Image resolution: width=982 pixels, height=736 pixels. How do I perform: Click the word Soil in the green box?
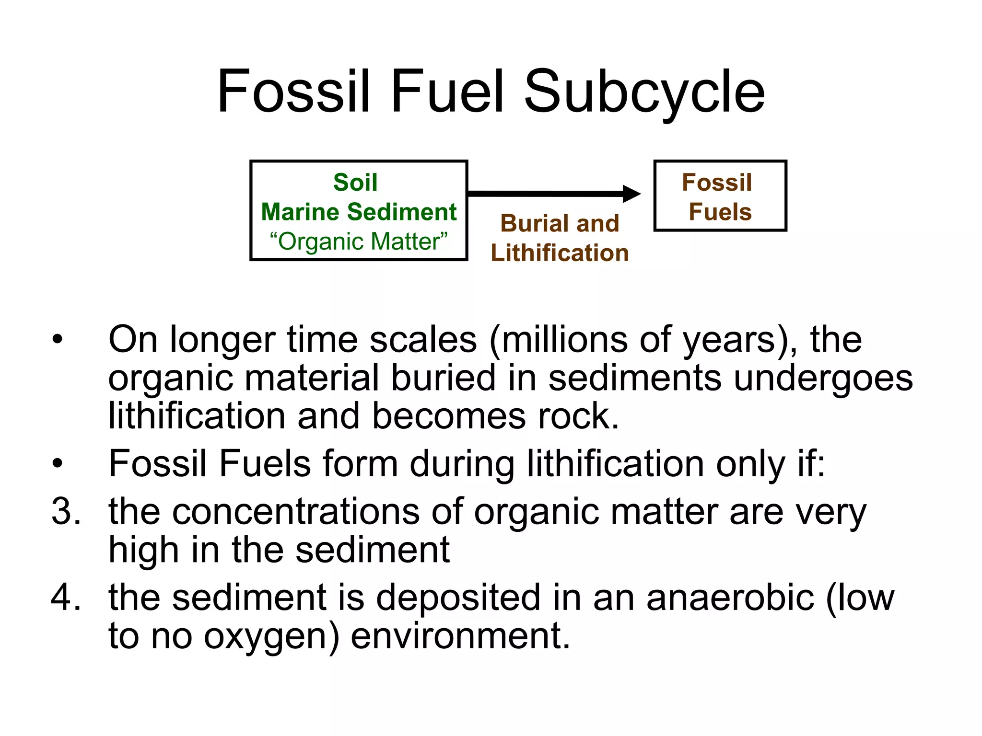pos(355,183)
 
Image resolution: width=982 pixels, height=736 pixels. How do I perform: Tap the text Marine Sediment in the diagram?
pos(359,212)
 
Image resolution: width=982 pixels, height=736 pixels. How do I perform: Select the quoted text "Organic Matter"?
pos(359,241)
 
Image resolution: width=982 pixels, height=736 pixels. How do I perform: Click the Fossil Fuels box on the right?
pos(720,196)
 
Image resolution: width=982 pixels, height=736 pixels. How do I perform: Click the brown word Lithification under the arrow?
pos(560,253)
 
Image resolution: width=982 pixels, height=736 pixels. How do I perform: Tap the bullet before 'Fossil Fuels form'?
pos(58,464)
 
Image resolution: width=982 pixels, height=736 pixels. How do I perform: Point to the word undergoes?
pos(823,378)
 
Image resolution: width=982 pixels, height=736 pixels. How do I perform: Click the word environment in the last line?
pos(459,636)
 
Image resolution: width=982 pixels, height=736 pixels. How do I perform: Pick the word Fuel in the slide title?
pos(447,92)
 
